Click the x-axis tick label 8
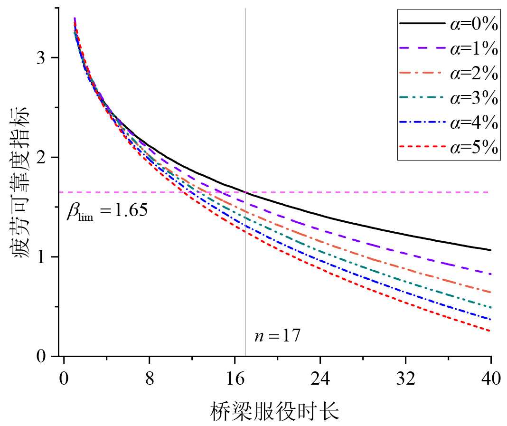pos(149,379)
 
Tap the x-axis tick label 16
pos(235,379)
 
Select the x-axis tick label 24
pos(320,379)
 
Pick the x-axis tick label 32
pos(405,379)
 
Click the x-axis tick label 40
pos(490,379)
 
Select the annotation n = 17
pos(277,336)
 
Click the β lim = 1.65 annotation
pos(107,211)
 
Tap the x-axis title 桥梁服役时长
pos(275,411)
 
